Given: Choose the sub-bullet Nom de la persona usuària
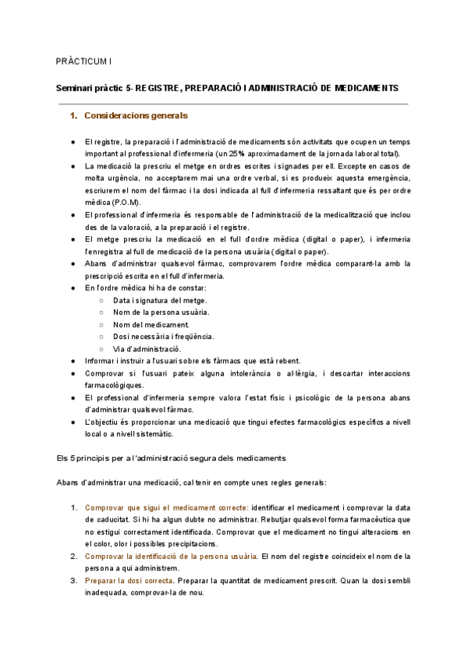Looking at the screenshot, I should (161, 312).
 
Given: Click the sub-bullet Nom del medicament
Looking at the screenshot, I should (151, 324).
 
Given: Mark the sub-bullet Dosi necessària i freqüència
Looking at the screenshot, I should (163, 337).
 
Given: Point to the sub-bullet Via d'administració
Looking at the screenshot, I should (147, 348).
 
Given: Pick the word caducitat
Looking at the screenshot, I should (105, 519).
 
